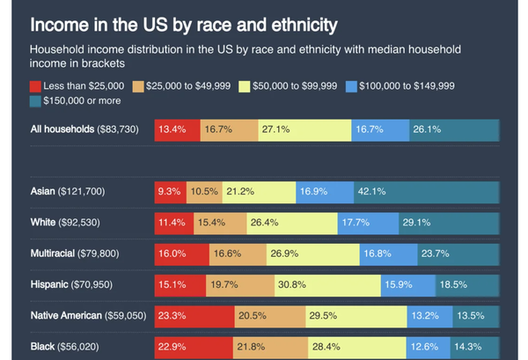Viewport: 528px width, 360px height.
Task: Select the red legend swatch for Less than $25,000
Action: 36,86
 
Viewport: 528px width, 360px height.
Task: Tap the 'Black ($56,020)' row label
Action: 64,347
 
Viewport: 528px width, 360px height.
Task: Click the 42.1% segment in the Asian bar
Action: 426,190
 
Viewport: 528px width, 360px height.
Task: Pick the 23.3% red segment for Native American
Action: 194,315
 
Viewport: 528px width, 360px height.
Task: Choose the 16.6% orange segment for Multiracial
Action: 238,253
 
